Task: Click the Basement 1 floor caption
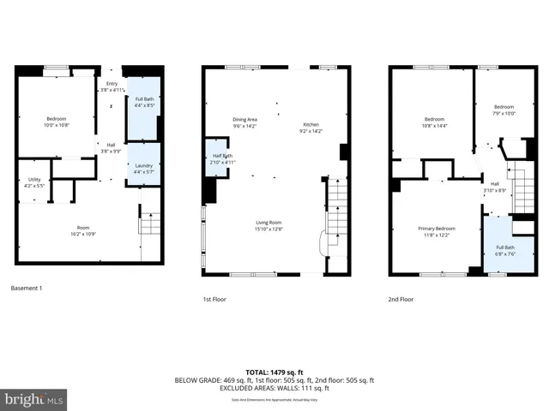26,289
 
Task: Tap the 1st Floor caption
214,300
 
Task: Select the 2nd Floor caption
401,300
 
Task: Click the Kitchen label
311,128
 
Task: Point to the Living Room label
268,225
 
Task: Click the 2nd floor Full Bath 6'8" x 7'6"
504,250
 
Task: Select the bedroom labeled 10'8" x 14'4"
435,122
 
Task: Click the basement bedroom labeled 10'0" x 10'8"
57,122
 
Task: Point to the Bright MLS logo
34,399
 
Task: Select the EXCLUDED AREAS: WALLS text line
274,388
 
